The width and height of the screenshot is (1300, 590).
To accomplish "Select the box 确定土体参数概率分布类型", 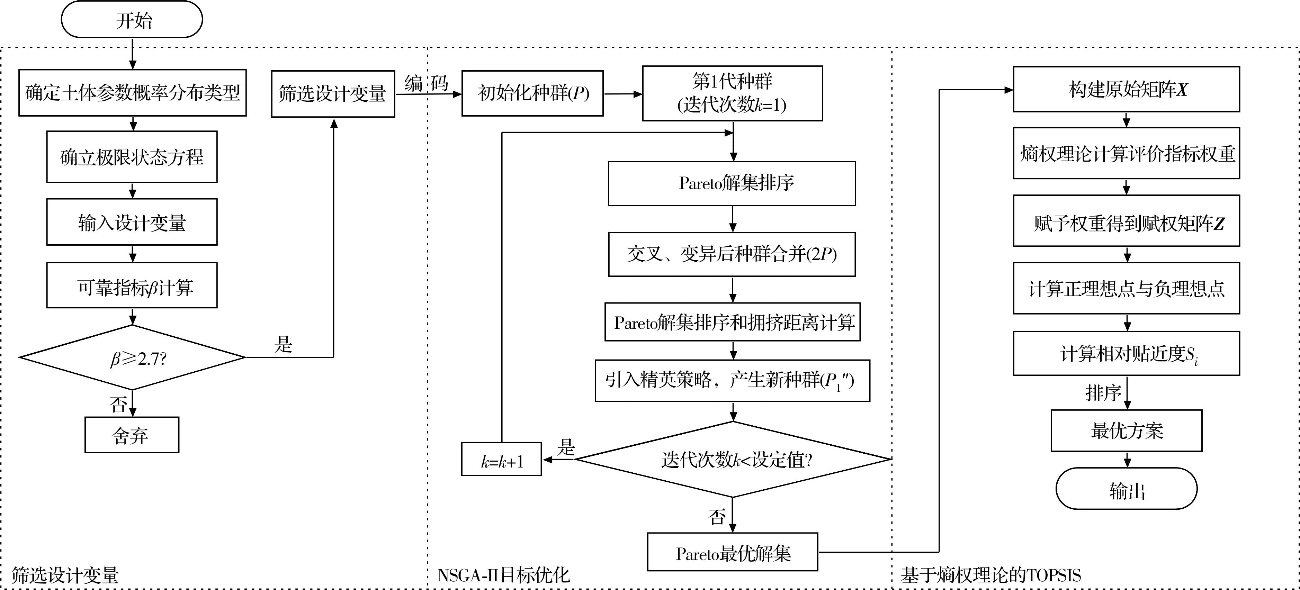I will tap(132, 93).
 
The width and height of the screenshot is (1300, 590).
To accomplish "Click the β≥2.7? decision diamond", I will tap(132, 357).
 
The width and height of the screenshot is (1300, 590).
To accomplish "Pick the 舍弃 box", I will tap(132, 435).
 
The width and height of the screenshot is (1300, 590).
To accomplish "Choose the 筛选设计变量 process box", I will tap(333, 94).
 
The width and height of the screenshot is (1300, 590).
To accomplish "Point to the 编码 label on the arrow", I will tap(427, 83).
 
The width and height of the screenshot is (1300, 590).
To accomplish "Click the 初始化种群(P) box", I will tap(532, 93).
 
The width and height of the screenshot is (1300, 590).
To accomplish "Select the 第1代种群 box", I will tap(732, 93).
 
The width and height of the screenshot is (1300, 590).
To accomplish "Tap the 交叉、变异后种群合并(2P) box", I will tap(732, 254).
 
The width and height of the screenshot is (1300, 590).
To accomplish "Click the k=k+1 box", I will tap(502, 460).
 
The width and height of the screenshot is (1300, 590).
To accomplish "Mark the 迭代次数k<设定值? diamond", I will tap(733, 460).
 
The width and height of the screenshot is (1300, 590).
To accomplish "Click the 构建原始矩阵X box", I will tap(1127, 89).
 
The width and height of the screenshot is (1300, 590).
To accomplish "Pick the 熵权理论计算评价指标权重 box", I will tap(1127, 153).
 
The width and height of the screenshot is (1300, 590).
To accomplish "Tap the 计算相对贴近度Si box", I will tap(1127, 354).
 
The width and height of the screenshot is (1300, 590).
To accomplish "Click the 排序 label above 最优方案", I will tap(1103, 393).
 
